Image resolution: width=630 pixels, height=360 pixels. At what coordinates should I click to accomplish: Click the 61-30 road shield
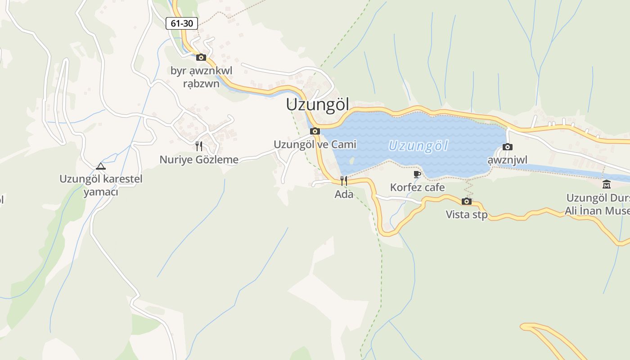[182, 23]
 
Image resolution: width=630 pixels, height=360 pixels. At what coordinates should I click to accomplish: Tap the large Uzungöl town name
[318, 105]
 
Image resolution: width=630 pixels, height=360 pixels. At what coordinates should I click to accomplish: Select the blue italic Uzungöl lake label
[418, 146]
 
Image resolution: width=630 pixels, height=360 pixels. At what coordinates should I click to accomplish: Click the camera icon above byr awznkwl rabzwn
[201, 57]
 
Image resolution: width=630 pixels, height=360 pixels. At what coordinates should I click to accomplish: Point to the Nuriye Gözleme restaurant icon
[199, 146]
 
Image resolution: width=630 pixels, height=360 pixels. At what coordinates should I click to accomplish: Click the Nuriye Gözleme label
[199, 159]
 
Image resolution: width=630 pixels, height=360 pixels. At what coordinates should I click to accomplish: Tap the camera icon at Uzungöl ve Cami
[315, 131]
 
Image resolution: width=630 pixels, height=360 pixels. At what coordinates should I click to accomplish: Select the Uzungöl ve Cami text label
[315, 144]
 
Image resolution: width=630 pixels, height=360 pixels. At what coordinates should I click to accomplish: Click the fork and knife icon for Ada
[344, 181]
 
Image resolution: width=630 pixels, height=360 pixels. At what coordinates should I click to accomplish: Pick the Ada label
[344, 194]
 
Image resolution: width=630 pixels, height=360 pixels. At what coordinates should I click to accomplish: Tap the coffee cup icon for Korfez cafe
[417, 174]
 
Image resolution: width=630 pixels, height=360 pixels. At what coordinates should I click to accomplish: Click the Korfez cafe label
[417, 187]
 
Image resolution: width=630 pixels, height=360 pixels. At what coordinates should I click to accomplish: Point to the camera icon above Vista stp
[467, 201]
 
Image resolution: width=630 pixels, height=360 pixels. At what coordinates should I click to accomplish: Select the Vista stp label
[467, 215]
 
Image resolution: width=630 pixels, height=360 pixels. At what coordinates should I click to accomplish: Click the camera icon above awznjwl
[508, 147]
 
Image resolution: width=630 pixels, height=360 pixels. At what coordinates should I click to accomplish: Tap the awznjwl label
[508, 160]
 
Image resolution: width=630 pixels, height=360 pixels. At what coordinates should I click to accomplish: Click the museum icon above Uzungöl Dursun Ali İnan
[607, 184]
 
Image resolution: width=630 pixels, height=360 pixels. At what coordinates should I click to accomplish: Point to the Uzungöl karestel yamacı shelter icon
[101, 166]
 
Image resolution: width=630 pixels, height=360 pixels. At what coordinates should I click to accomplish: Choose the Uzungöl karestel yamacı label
[101, 185]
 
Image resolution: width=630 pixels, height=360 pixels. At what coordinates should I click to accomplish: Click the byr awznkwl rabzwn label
[201, 77]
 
